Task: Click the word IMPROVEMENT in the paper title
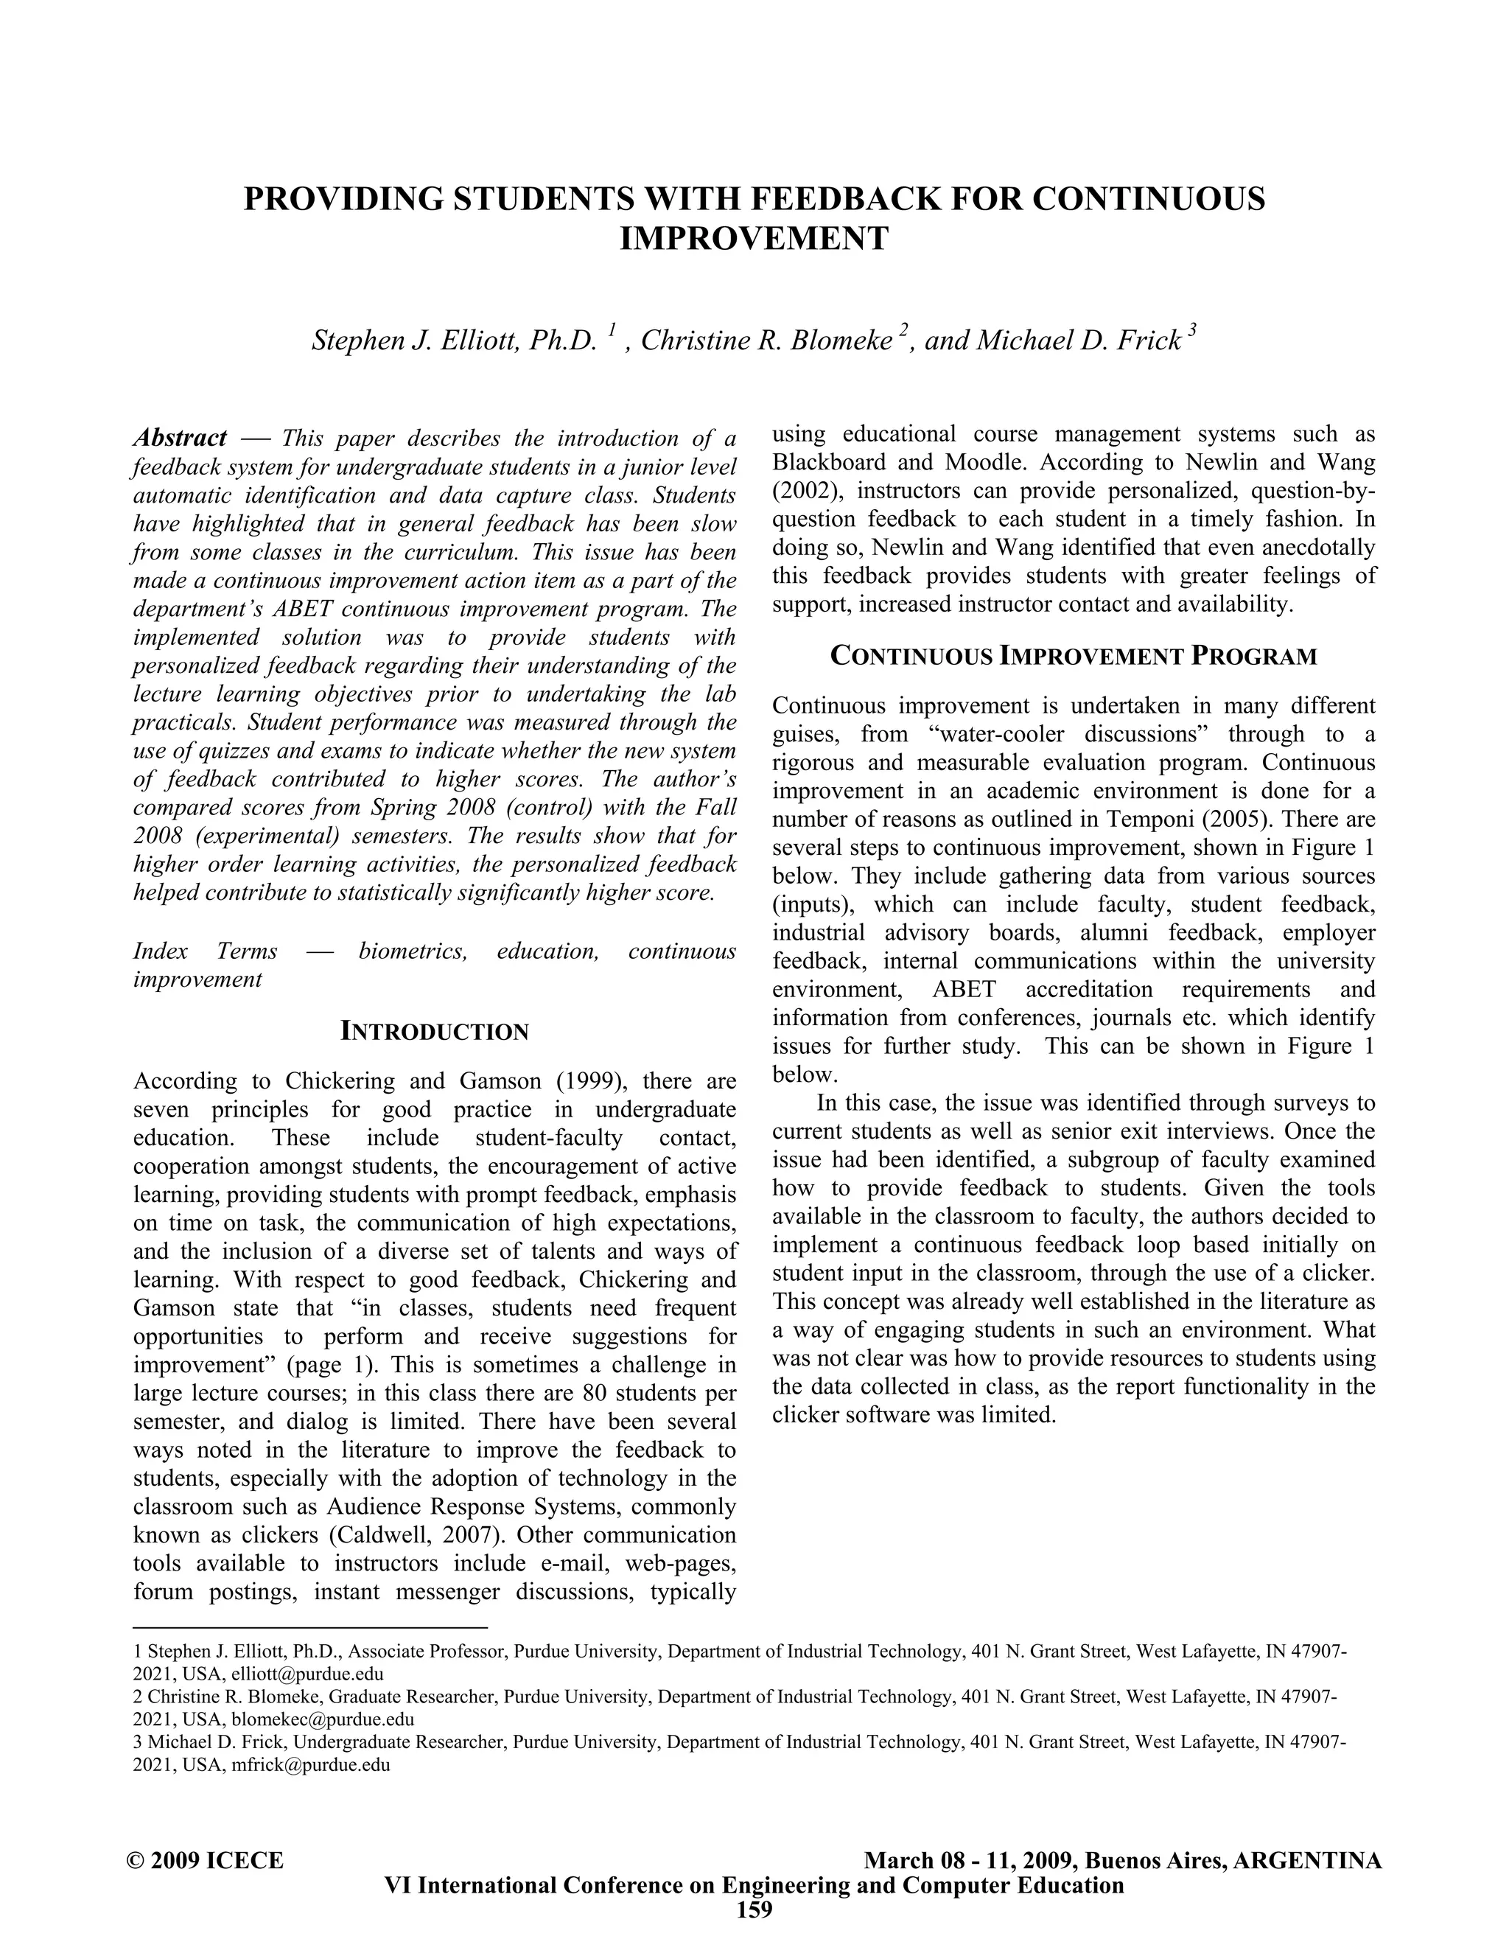[754, 239]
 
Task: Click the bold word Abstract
[180, 439]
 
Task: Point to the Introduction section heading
[435, 1032]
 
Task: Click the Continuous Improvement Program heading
[1073, 657]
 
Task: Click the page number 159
[754, 1910]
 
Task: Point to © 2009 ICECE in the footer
[206, 1861]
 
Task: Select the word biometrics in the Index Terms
[412, 951]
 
